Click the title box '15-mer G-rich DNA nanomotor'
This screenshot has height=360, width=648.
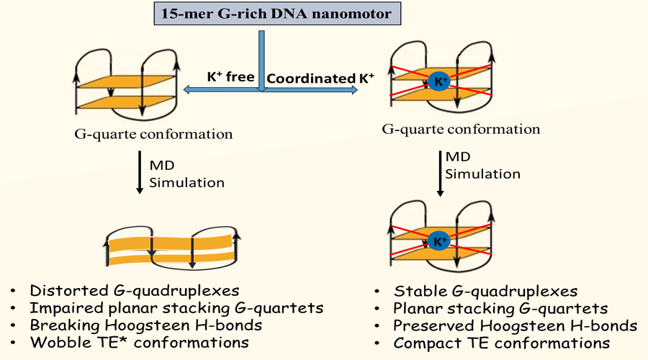pyautogui.click(x=277, y=13)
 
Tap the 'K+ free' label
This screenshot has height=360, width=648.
pyautogui.click(x=230, y=76)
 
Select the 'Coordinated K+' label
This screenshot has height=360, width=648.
pyautogui.click(x=320, y=78)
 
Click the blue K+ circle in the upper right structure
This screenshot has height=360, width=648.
pyautogui.click(x=439, y=81)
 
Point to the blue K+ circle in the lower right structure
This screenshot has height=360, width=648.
pyautogui.click(x=439, y=241)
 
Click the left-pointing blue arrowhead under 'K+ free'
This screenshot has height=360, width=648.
pyautogui.click(x=186, y=89)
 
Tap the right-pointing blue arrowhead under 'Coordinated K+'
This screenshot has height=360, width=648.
pyautogui.click(x=354, y=90)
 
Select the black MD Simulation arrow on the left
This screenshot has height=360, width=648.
pyautogui.click(x=140, y=172)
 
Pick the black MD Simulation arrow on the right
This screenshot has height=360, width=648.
pyautogui.click(x=440, y=174)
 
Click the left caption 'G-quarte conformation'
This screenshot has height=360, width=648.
pyautogui.click(x=153, y=135)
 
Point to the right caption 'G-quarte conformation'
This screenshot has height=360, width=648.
pyautogui.click(x=461, y=130)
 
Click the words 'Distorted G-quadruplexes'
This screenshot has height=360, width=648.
pyautogui.click(x=135, y=291)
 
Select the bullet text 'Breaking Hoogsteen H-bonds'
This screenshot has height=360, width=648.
pyautogui.click(x=146, y=325)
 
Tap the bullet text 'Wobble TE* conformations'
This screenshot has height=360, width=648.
pyautogui.click(x=139, y=343)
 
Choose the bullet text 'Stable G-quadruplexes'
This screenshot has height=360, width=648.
pyautogui.click(x=485, y=292)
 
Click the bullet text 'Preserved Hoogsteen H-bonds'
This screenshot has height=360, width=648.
pyautogui.click(x=515, y=326)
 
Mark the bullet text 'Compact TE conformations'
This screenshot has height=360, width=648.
pyautogui.click(x=501, y=343)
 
